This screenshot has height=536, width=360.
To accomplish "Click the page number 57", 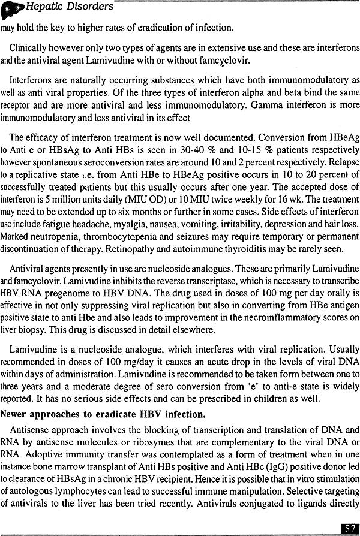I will (349, 528).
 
